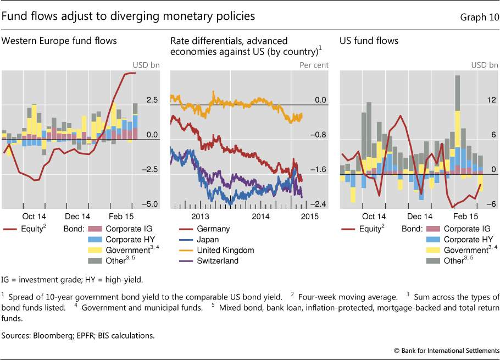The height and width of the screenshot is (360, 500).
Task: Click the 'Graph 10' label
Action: (x=479, y=16)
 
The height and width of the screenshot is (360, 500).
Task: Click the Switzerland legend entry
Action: (x=218, y=261)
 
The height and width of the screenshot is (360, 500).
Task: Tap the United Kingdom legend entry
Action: (x=225, y=250)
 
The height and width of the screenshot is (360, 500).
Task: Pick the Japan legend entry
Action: (x=208, y=240)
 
